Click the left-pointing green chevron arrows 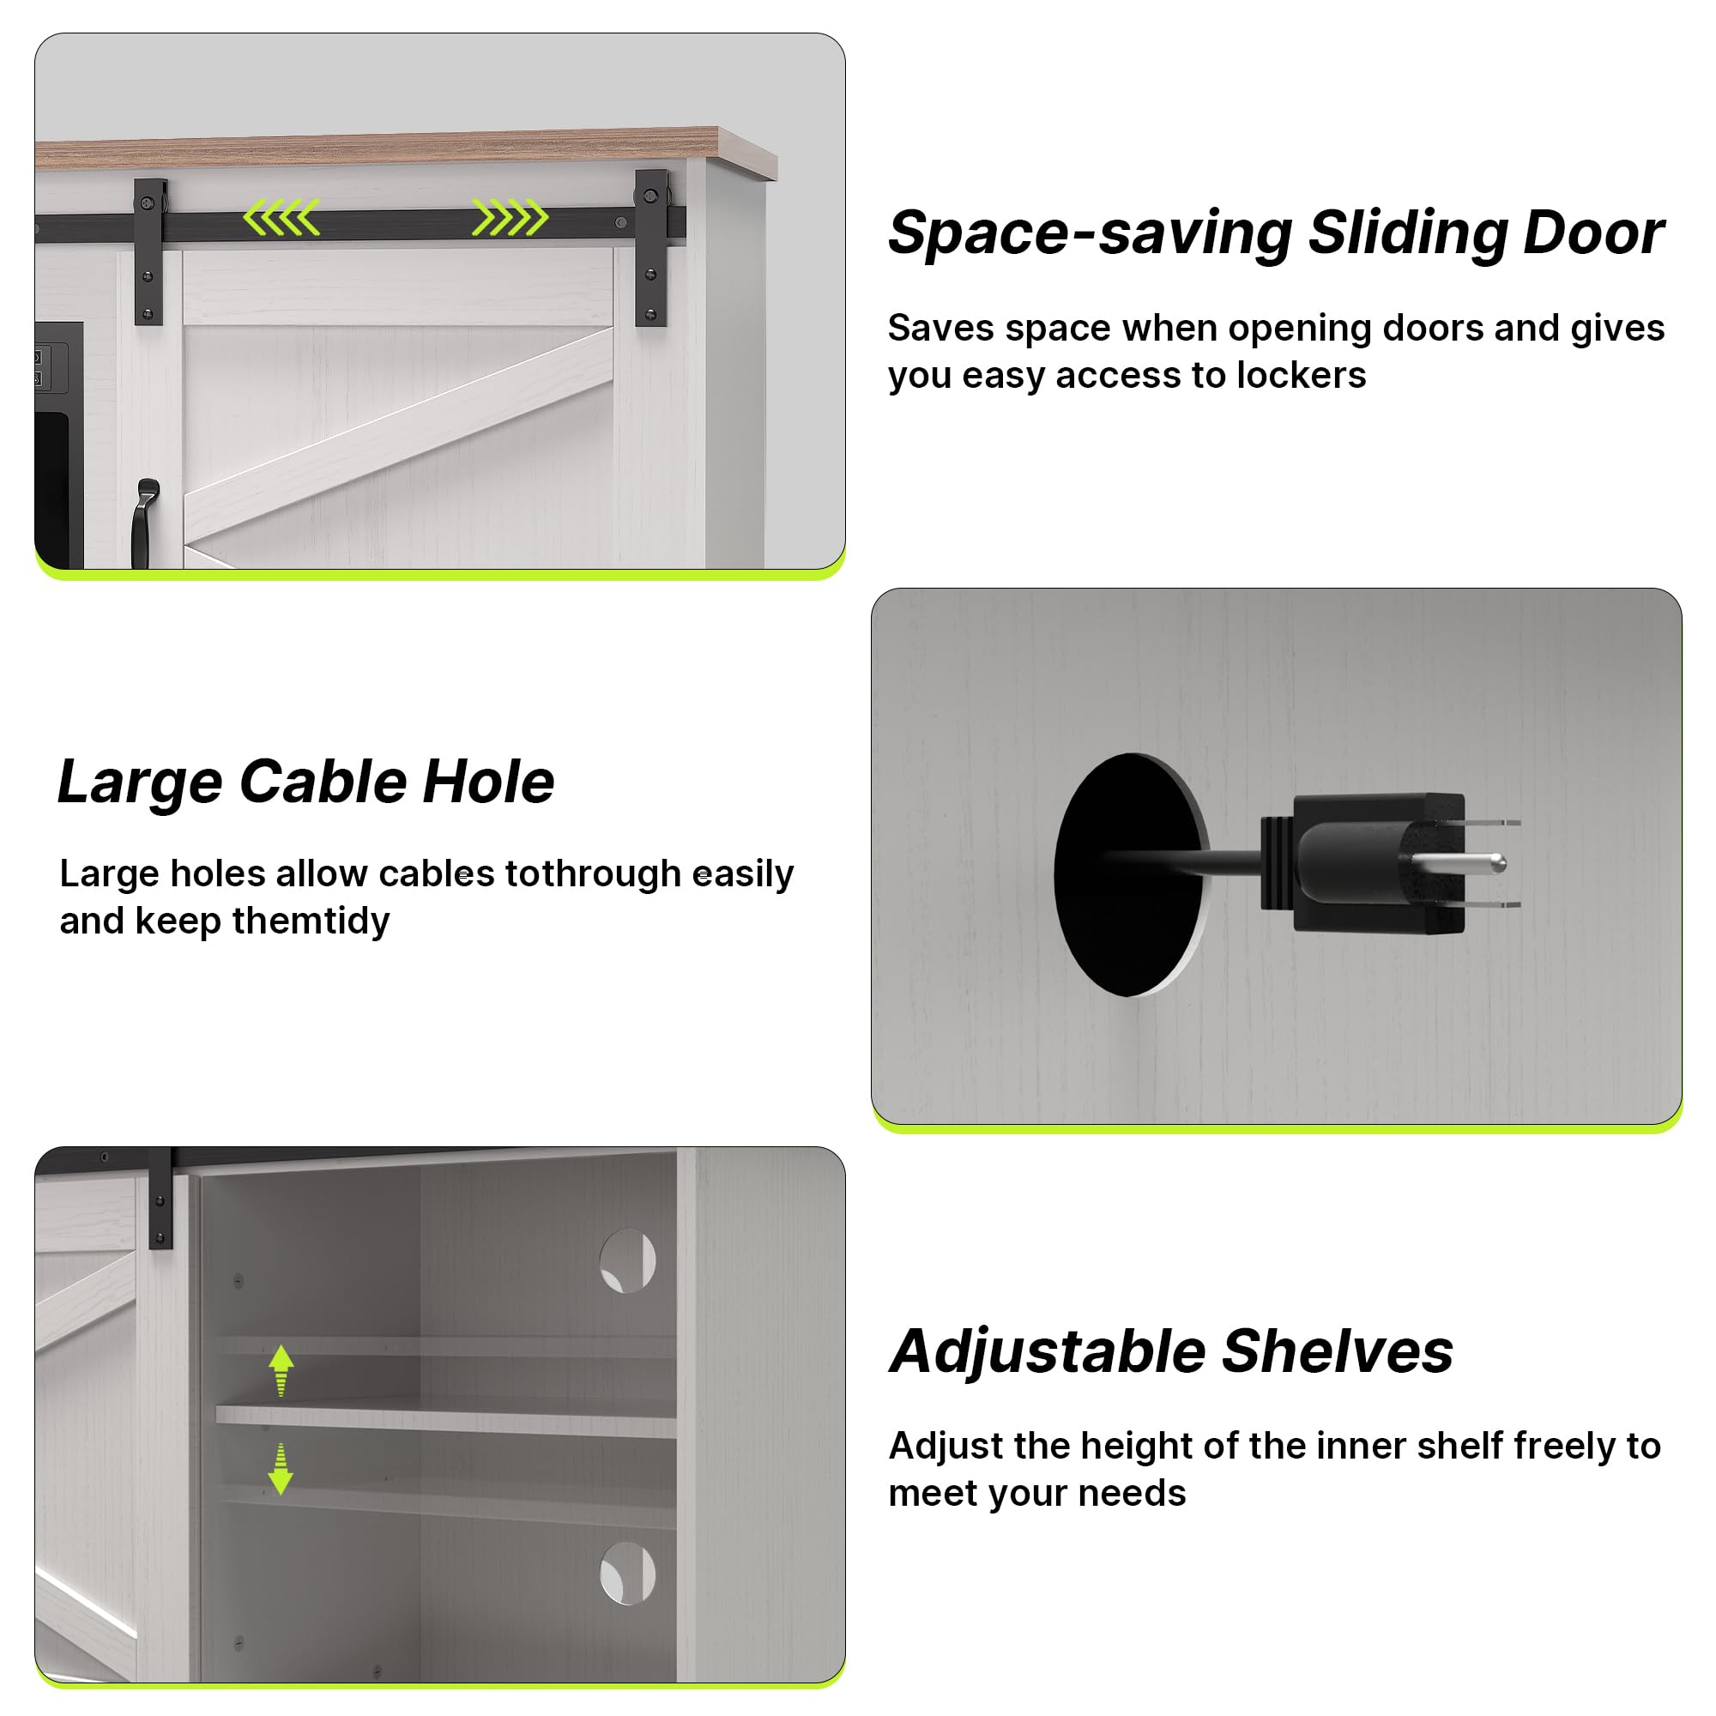[x=281, y=218]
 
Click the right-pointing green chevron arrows [x=510, y=218]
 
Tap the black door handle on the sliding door [x=145, y=523]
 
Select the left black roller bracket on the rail [x=150, y=251]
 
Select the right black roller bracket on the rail [x=652, y=248]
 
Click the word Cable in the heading [x=323, y=782]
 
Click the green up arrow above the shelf [x=281, y=1369]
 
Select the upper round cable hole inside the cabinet [x=627, y=1261]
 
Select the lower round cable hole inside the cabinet [x=627, y=1574]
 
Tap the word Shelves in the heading [x=1338, y=1352]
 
